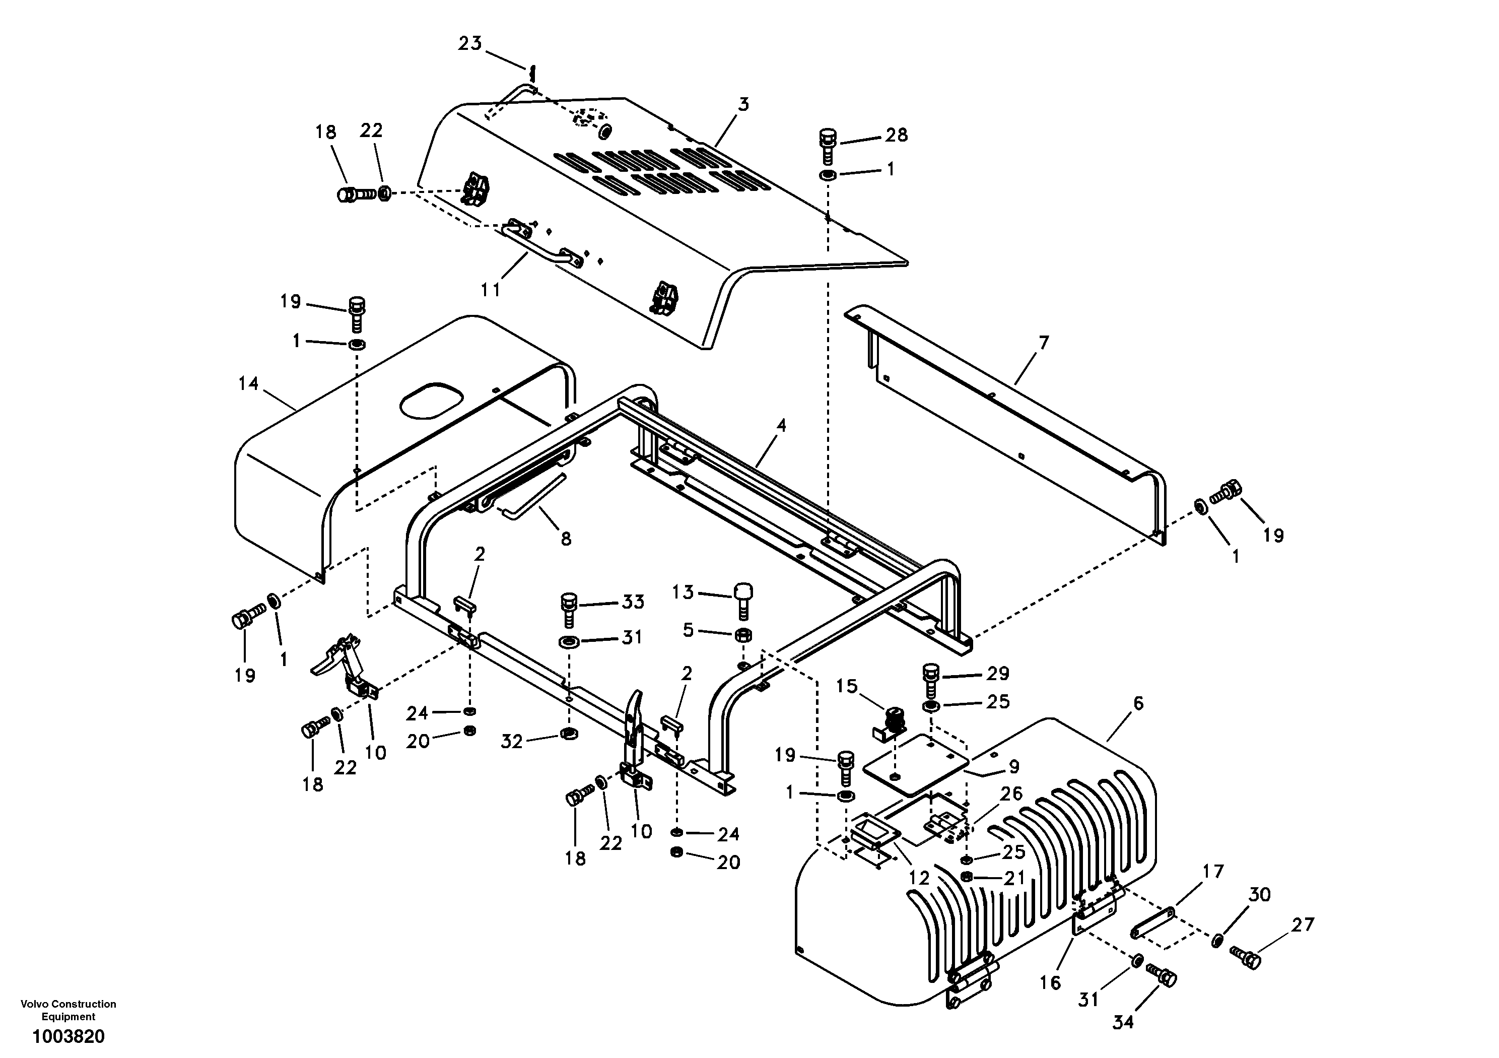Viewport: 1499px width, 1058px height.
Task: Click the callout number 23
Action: pyautogui.click(x=469, y=43)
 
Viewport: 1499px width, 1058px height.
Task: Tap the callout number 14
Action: pyautogui.click(x=248, y=383)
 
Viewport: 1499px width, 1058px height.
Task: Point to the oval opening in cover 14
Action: pyautogui.click(x=430, y=400)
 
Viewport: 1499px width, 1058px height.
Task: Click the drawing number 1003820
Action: pyautogui.click(x=69, y=1036)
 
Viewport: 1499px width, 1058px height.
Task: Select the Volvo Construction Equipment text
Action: pyautogui.click(x=69, y=1010)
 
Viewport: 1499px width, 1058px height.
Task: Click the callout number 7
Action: pyautogui.click(x=1043, y=342)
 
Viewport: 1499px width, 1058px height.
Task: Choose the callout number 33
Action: pyautogui.click(x=633, y=602)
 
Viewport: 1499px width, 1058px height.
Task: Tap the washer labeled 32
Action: pyautogui.click(x=569, y=734)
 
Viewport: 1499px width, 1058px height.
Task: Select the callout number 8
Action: pyautogui.click(x=565, y=538)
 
